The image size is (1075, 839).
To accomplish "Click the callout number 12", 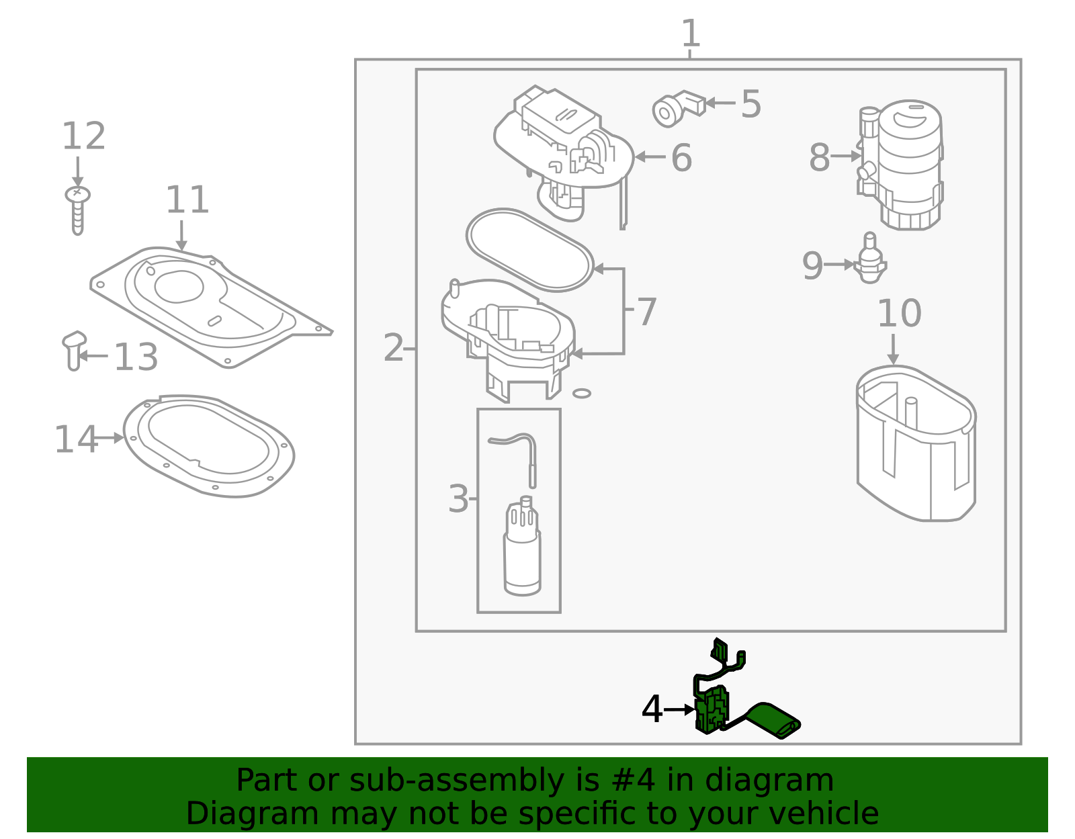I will tap(84, 136).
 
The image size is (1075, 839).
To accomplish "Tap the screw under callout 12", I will tap(78, 209).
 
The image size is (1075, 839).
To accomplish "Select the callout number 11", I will tap(187, 200).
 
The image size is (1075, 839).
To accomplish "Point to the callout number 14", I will tap(75, 440).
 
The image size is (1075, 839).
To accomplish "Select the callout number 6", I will tap(681, 159).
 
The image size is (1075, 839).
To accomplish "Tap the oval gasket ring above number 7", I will tap(530, 249).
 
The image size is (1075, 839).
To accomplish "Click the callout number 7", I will tap(646, 312).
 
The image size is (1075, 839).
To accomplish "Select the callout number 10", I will tap(899, 314).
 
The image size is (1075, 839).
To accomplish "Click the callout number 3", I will tap(458, 499).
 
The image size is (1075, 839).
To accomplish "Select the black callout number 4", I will tap(652, 709).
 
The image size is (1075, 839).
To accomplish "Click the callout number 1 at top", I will tap(691, 34).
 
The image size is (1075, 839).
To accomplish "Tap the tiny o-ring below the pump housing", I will tap(582, 394).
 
